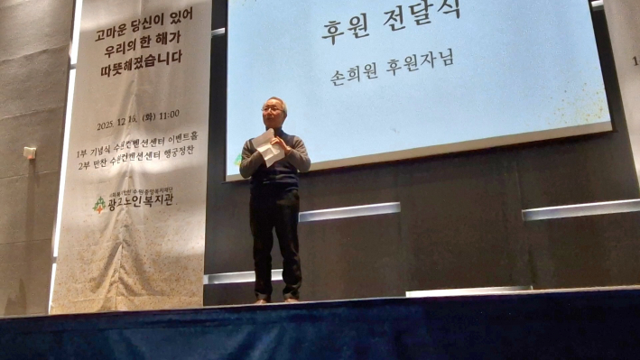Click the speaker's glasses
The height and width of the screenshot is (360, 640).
(x=272, y=110)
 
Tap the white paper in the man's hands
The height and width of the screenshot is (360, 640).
(x=268, y=148)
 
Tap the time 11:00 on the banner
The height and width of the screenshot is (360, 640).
(x=165, y=115)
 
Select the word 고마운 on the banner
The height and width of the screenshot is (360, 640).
(x=113, y=36)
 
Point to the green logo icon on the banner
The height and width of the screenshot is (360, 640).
(x=99, y=205)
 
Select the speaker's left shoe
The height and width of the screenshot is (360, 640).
(x=290, y=298)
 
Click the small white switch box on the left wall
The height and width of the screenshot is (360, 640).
(x=30, y=153)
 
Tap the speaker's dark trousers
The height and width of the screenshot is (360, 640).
(x=275, y=239)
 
